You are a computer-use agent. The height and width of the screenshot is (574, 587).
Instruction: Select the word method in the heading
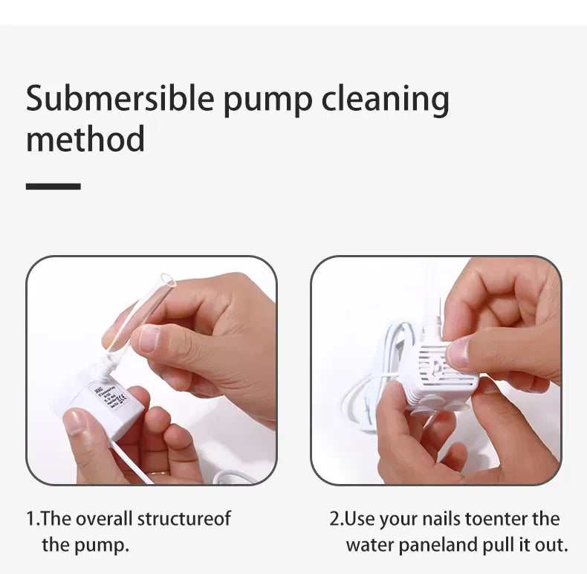click(x=85, y=138)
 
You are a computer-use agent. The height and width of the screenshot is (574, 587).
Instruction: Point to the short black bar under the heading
click(x=53, y=186)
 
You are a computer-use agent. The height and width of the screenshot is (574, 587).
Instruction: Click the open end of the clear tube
click(x=168, y=280)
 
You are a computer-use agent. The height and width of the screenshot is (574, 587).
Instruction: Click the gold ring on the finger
click(x=155, y=474)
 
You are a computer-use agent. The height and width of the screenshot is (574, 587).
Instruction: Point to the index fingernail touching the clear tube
click(x=149, y=338)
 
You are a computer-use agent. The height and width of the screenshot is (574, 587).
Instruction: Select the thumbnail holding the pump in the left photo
click(x=75, y=422)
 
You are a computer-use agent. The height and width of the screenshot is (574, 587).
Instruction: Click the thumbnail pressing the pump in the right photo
click(x=459, y=352)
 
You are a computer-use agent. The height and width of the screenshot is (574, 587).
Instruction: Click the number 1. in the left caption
click(x=33, y=519)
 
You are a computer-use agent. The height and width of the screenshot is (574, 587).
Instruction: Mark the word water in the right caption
click(x=369, y=545)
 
